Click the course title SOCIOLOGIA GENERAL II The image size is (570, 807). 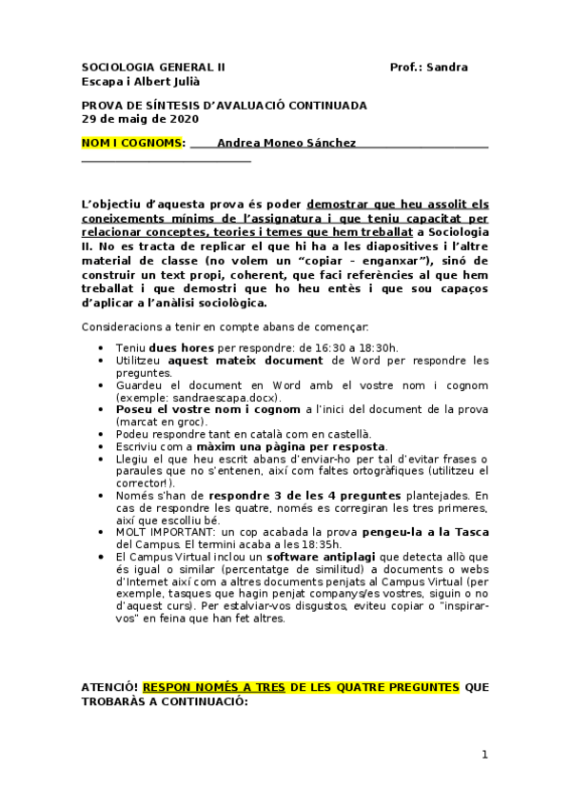click(x=154, y=68)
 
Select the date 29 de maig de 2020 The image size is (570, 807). click(x=140, y=119)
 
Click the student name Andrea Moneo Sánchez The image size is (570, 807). click(x=286, y=143)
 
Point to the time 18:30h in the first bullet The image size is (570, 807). click(x=379, y=348)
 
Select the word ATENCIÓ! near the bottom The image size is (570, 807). click(x=109, y=687)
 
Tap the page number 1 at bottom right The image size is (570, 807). click(x=484, y=755)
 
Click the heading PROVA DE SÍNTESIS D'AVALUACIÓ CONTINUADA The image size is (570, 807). click(x=224, y=106)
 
